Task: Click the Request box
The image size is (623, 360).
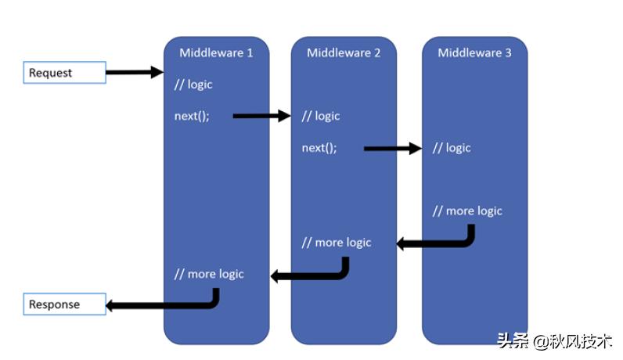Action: tap(65, 72)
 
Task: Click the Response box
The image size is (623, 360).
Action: tap(65, 304)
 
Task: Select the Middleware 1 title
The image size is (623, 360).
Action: tap(216, 53)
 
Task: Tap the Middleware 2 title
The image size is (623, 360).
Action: tap(344, 53)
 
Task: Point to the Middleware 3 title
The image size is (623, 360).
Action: tap(474, 53)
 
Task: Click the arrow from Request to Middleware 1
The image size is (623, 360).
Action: tap(135, 72)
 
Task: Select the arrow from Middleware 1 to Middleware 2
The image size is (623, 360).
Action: tap(262, 116)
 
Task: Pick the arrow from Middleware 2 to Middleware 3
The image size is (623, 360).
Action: tap(393, 149)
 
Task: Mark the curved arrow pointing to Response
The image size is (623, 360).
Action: tap(167, 305)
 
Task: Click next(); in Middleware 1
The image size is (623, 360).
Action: tap(192, 116)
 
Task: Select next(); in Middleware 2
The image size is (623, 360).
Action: tap(319, 148)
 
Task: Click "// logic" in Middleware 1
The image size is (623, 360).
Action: tap(193, 85)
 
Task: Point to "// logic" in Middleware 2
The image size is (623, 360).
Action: tap(321, 116)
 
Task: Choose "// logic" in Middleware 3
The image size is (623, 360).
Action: tap(452, 148)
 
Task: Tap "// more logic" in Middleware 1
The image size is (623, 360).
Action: tap(209, 274)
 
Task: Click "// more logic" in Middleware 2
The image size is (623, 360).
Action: tap(337, 243)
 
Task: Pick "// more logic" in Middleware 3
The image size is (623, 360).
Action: tap(467, 211)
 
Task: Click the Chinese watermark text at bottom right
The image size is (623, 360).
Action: tap(555, 341)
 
